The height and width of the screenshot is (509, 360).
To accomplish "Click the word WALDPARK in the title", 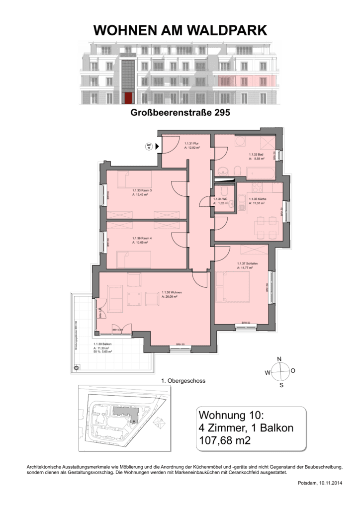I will point(225,31).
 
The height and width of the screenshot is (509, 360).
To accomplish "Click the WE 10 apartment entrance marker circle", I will point(148,146).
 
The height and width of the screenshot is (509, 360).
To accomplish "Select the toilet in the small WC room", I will point(224,190).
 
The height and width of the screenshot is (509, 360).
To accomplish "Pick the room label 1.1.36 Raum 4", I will point(142,238).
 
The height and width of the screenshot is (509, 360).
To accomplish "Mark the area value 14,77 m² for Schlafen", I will point(245,267).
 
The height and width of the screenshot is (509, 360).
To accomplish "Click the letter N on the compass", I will point(279,359).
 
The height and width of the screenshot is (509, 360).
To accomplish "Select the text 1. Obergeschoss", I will point(184,381).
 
